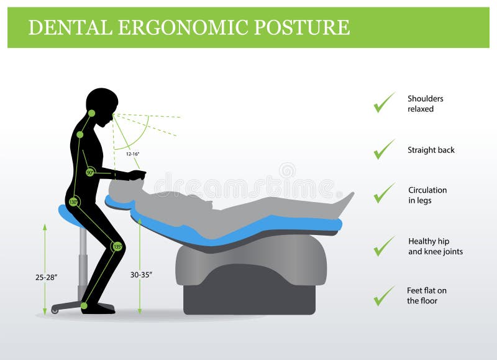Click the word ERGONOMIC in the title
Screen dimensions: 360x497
tap(176, 28)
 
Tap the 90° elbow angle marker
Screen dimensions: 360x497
tap(90, 172)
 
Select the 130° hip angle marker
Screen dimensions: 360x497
tap(74, 202)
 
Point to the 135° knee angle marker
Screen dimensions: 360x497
tap(116, 246)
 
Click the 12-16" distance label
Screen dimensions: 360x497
tap(133, 153)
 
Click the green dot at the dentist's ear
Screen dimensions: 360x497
tap(91, 113)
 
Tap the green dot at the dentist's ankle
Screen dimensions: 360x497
tap(84, 305)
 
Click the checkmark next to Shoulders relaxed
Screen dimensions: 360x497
tap(384, 103)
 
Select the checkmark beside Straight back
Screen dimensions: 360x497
tap(384, 149)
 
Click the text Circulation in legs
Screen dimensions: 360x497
tap(427, 195)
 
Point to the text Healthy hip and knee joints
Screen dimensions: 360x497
tap(435, 246)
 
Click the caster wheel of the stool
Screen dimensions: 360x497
tap(55, 310)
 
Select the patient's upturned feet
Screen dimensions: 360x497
tap(344, 202)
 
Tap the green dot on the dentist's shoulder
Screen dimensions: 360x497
tap(80, 134)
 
